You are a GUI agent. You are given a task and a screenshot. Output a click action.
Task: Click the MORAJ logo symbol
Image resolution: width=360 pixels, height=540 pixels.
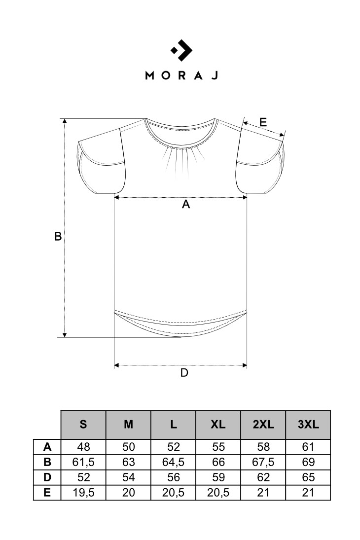click(181, 50)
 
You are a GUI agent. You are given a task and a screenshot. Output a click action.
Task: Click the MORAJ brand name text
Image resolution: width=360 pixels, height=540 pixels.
click(181, 75)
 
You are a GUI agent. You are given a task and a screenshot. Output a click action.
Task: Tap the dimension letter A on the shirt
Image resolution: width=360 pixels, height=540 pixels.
click(186, 204)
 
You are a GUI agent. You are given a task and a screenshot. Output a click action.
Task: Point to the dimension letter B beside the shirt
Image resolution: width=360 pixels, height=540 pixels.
click(58, 236)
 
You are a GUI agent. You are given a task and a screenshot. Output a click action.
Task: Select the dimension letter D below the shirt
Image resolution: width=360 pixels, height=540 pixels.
click(184, 373)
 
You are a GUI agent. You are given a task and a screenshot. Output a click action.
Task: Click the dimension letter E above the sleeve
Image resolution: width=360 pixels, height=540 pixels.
click(263, 122)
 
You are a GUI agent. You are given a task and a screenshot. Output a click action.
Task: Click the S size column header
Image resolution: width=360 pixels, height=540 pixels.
click(83, 424)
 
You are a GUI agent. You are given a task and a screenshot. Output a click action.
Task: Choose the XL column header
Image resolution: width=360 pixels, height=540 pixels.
click(218, 424)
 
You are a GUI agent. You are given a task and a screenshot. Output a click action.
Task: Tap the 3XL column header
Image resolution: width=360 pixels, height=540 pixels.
click(308, 424)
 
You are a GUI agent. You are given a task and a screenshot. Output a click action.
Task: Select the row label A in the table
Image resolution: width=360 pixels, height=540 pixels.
click(47, 447)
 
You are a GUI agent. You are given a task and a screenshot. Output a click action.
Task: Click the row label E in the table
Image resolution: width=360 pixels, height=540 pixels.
click(47, 493)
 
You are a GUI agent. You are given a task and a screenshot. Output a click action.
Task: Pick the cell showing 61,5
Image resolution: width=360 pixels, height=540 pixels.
click(83, 462)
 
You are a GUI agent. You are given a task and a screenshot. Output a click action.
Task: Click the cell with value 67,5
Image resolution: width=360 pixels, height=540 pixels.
click(263, 462)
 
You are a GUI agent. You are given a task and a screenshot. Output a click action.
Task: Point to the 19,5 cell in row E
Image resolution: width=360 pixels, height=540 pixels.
click(83, 493)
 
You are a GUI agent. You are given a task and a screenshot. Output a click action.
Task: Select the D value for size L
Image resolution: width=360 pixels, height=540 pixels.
click(173, 477)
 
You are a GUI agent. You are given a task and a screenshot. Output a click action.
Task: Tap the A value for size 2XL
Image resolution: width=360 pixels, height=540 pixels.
click(263, 447)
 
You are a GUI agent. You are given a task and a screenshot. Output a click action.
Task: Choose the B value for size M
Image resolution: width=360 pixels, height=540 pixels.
click(129, 462)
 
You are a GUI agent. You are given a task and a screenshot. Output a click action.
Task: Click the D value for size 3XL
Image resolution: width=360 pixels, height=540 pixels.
click(308, 477)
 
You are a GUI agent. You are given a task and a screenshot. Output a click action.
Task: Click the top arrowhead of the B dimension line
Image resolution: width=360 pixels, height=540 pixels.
click(65, 120)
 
